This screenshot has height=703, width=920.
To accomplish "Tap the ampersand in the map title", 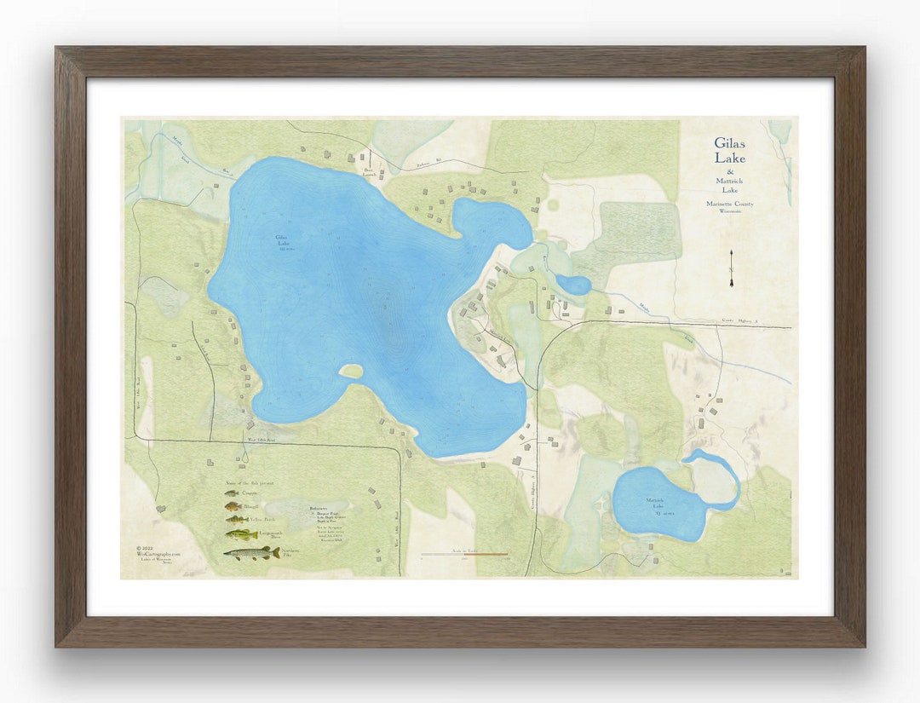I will click(x=730, y=173).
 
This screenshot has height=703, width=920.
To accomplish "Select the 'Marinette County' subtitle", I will click(x=729, y=204).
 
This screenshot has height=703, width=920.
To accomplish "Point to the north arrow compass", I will click(x=731, y=268).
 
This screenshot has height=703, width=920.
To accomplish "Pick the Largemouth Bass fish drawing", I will click(x=241, y=534).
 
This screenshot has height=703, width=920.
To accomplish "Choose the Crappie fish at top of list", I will click(x=232, y=493).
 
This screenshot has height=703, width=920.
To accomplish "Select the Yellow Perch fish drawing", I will click(x=236, y=519).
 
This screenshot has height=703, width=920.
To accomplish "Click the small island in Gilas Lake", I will click(x=350, y=372).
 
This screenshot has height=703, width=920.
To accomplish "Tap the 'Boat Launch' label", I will click(x=370, y=171).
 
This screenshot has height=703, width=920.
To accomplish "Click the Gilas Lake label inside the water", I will click(x=283, y=243).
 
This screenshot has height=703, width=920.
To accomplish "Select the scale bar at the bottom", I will click(x=464, y=555).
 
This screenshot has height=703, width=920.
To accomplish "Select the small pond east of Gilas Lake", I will click(x=573, y=285).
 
